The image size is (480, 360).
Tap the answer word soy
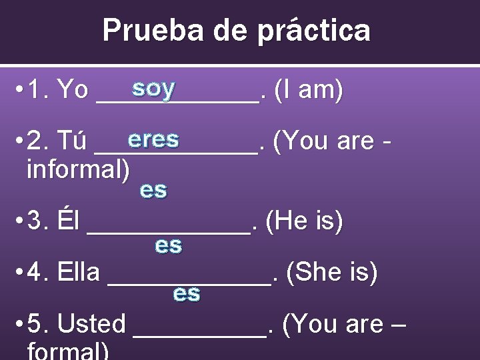153,87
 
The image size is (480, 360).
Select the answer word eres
154,139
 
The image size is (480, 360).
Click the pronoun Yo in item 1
73,90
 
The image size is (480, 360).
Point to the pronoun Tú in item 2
72,141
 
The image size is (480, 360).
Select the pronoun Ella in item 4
79,272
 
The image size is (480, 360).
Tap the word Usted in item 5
92,324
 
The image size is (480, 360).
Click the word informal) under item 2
78,169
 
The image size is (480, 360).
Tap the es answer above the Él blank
153,190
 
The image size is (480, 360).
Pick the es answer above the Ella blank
168,245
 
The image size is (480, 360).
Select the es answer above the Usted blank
187,293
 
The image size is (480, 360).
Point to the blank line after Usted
200,331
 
